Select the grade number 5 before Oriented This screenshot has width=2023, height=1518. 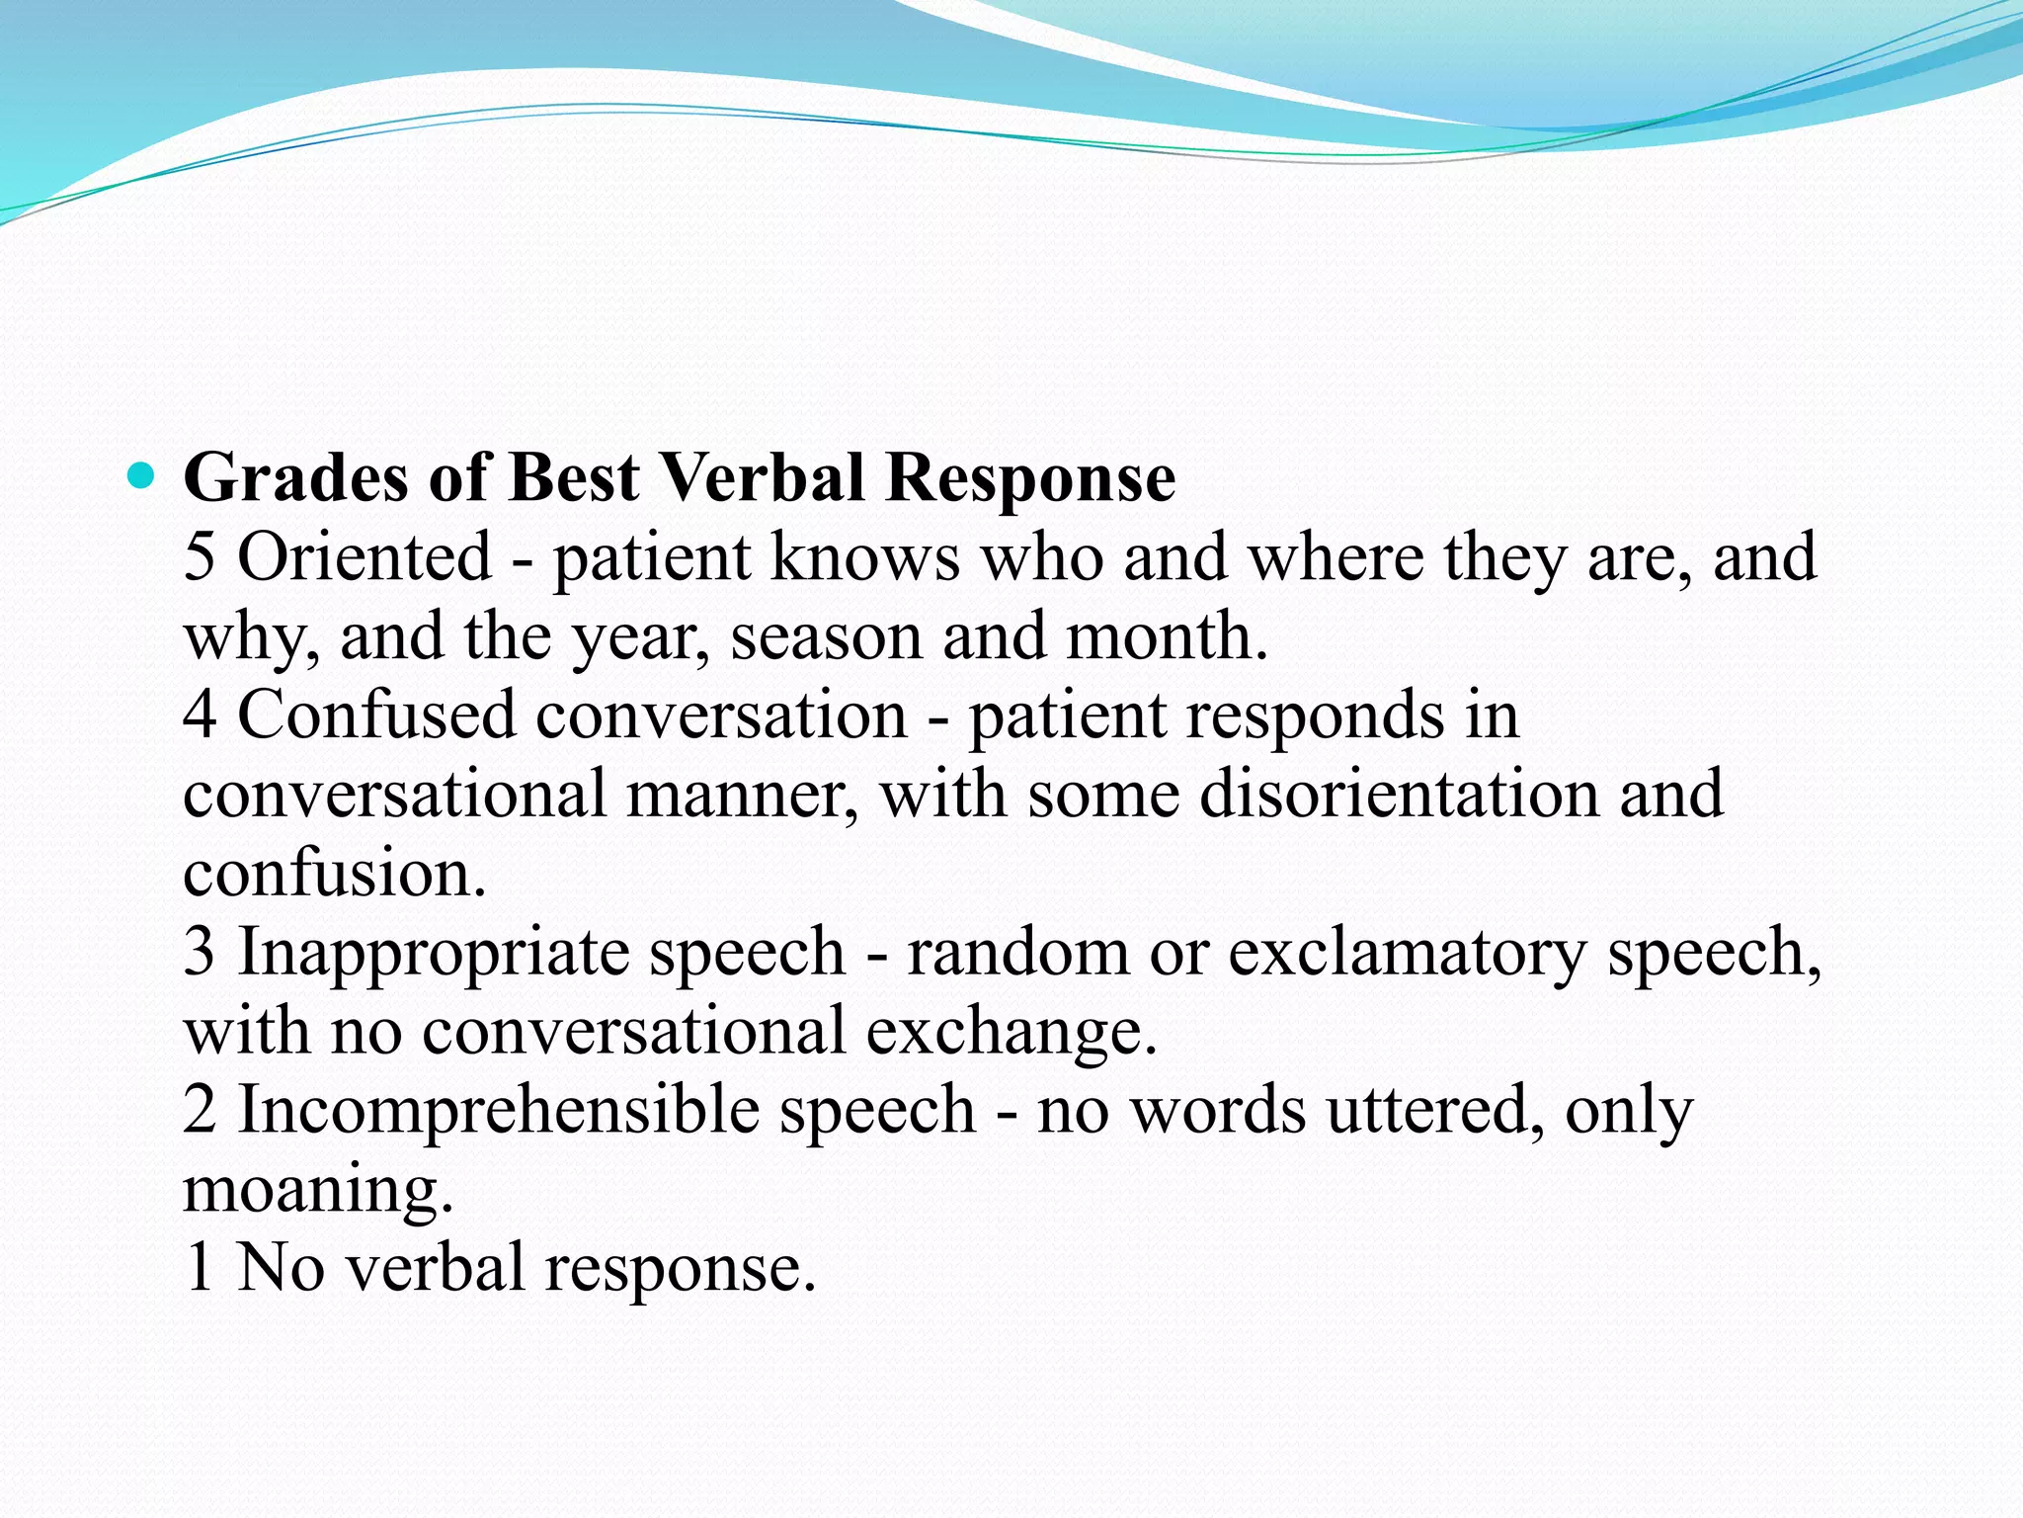coord(199,556)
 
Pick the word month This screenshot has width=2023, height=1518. coord(1166,635)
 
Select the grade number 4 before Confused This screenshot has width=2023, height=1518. coord(200,715)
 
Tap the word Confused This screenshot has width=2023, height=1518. coord(376,715)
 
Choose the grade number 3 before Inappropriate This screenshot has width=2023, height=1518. coord(199,952)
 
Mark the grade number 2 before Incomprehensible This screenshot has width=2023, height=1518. coord(199,1110)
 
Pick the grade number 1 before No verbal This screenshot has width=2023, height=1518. coord(199,1268)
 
